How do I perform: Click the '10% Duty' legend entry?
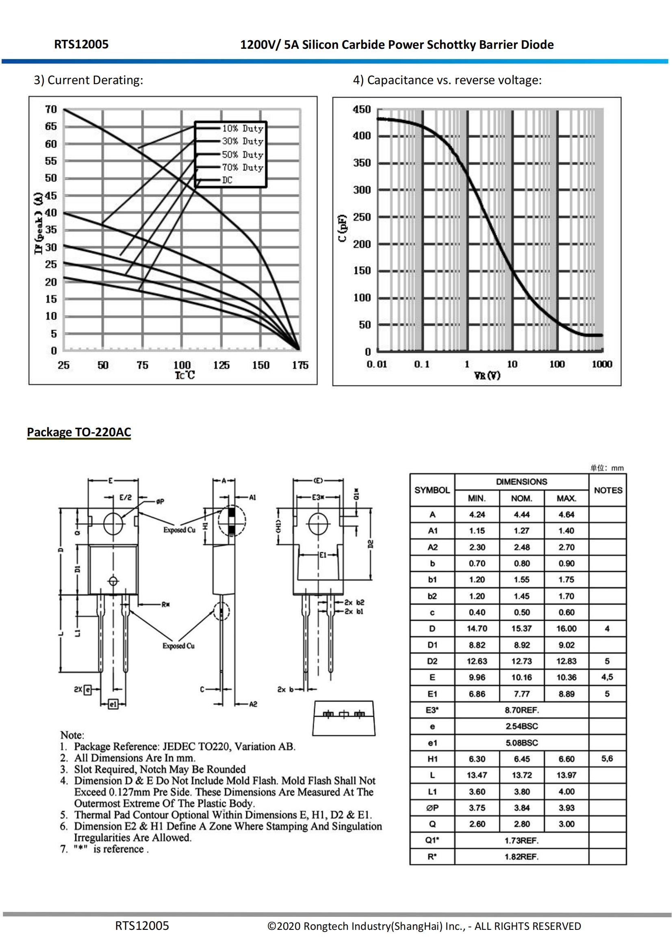pyautogui.click(x=243, y=128)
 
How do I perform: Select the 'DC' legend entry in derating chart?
pyautogui.click(x=227, y=180)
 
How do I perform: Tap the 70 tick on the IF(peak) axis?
pyautogui.click(x=51, y=109)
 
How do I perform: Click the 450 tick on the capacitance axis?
pyautogui.click(x=362, y=109)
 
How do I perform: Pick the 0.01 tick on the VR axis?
pyautogui.click(x=377, y=364)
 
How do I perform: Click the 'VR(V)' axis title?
pyautogui.click(x=487, y=375)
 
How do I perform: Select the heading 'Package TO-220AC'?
pyautogui.click(x=79, y=432)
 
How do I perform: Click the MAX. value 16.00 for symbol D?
pyautogui.click(x=566, y=628)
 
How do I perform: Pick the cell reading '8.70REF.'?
pyautogui.click(x=521, y=710)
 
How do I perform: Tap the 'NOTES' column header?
pyautogui.click(x=608, y=490)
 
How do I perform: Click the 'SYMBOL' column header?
pyautogui.click(x=432, y=490)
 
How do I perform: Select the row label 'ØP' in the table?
pyautogui.click(x=432, y=808)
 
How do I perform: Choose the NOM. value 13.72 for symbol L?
pyautogui.click(x=521, y=775)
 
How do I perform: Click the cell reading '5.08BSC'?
pyautogui.click(x=521, y=743)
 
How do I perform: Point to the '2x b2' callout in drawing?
pyautogui.click(x=355, y=602)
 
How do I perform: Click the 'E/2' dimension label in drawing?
pyautogui.click(x=126, y=497)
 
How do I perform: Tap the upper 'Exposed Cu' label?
pyautogui.click(x=179, y=530)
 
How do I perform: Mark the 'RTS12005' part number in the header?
pyautogui.click(x=81, y=44)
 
